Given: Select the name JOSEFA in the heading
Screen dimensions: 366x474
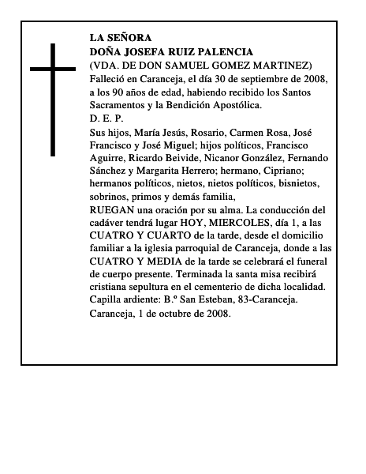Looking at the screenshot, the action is (147, 51).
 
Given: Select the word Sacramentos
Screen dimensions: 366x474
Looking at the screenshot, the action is (118, 106).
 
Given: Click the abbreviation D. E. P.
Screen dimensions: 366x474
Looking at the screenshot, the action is (106, 118).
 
